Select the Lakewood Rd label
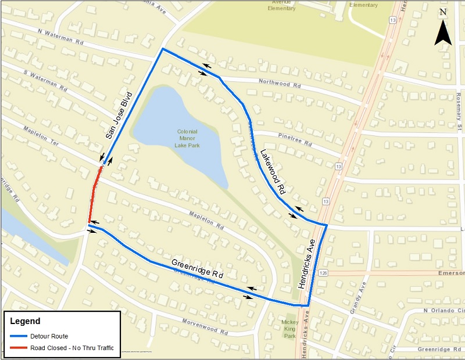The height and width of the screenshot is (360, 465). coord(273,172)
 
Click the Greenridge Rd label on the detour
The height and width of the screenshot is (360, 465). coord(197,271)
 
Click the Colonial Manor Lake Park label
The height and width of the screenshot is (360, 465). coord(188,138)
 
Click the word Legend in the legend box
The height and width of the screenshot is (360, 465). coord(25,321)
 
